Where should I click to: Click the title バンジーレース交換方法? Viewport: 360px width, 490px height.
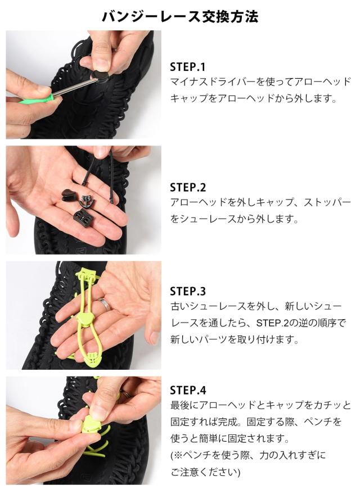pos(180,16)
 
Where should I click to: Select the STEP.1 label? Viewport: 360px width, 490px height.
pos(187,67)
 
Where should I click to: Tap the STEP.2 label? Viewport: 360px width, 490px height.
pos(188,188)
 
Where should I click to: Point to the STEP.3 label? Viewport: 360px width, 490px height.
pos(188,291)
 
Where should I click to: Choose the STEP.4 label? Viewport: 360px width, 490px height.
pos(188,391)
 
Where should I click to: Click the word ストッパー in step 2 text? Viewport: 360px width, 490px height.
pos(327,202)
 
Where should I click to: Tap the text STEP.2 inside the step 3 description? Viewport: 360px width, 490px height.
pos(272,323)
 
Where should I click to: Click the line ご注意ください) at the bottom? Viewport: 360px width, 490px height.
pos(205,471)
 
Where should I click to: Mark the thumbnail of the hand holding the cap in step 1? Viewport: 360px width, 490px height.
pos(83,84)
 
